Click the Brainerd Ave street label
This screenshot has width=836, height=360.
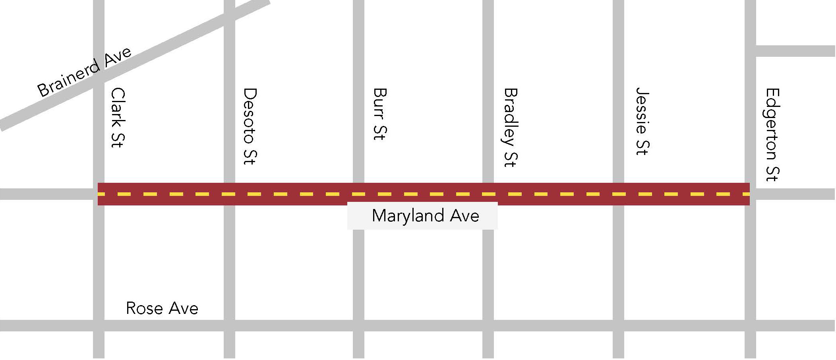84,72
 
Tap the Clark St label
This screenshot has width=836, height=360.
118,118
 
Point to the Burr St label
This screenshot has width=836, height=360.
380,114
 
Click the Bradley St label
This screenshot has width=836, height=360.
511,128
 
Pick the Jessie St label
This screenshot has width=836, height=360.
642,121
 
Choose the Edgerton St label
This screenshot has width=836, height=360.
772,135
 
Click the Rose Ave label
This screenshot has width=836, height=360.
162,308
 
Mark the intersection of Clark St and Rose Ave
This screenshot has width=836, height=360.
99,326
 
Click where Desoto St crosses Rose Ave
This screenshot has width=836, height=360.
229,326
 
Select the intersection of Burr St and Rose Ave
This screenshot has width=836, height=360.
358,326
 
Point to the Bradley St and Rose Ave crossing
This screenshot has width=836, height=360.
488,326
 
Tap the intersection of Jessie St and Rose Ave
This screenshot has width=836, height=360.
618,326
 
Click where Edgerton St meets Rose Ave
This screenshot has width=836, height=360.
750,326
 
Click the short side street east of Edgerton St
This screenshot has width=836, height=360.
795,51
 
